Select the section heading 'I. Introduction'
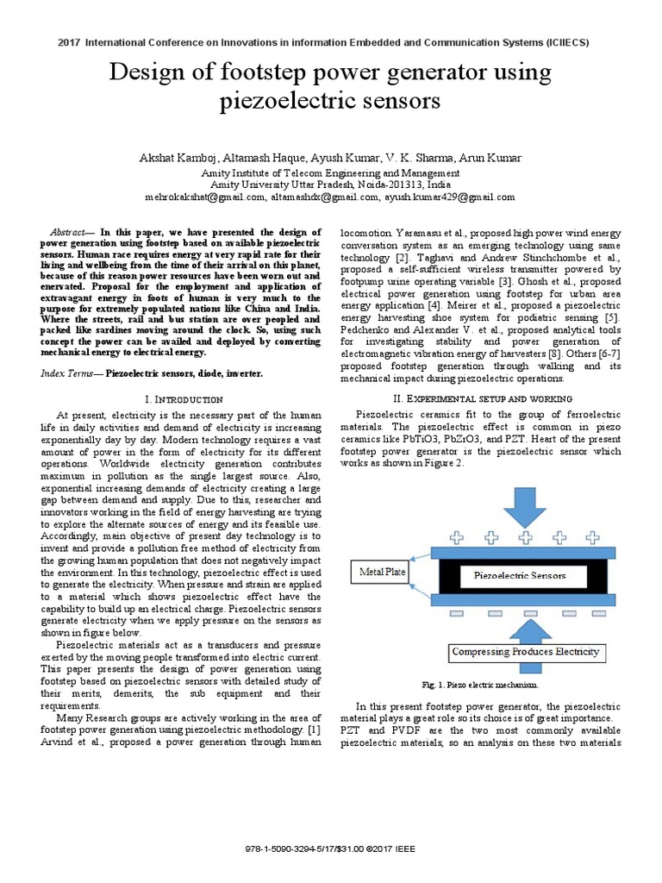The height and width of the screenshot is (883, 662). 185,399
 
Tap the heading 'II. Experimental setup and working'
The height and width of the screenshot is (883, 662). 483,398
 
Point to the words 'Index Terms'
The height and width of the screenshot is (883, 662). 67,373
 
